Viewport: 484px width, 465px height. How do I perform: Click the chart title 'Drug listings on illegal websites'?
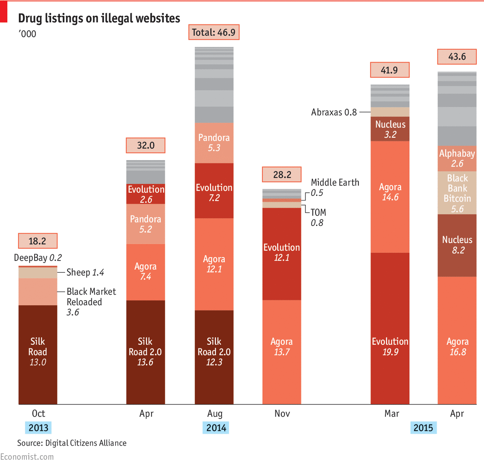(99, 18)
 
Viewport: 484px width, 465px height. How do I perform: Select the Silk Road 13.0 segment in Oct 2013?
(38, 354)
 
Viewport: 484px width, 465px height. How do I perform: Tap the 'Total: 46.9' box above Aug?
(214, 33)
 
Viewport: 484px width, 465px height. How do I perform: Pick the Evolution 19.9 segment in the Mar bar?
(390, 328)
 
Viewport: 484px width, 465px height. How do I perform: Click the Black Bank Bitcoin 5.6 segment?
(457, 193)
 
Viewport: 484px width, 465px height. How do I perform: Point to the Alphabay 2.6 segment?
(457, 159)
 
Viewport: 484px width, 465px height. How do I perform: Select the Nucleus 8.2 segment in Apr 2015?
(457, 245)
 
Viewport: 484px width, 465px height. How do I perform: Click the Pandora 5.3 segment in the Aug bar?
(214, 143)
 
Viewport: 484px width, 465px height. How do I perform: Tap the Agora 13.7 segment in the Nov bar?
(281, 352)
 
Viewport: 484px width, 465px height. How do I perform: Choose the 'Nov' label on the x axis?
(282, 414)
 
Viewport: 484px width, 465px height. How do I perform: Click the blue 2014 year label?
(216, 428)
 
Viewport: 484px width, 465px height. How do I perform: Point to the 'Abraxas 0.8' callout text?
(334, 112)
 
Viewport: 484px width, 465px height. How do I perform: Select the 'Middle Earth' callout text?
(335, 183)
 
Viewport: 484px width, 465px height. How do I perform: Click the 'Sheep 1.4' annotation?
(85, 272)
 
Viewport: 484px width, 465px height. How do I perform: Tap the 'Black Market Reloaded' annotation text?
(91, 297)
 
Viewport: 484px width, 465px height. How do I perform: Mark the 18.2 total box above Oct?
(37, 241)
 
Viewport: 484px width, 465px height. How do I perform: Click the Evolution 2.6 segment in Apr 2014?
(146, 194)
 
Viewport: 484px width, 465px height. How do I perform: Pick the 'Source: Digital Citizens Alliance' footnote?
(72, 443)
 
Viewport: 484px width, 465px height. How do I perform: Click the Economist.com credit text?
(27, 457)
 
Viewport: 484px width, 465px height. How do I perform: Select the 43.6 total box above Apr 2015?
(457, 56)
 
